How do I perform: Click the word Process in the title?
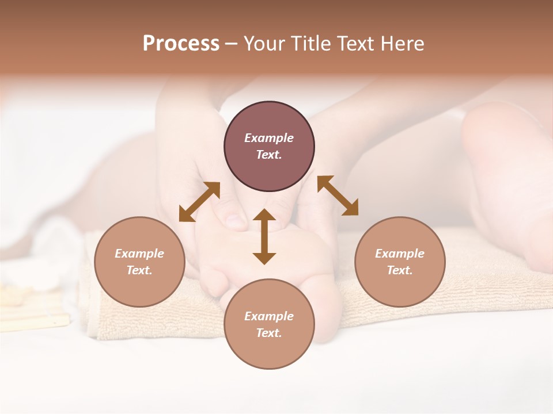[x=181, y=44]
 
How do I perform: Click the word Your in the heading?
[x=265, y=44]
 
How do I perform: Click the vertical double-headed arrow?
[x=264, y=237]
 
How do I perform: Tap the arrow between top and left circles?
[x=199, y=202]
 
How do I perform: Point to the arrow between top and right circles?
[x=338, y=195]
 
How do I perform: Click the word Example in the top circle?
[x=269, y=138]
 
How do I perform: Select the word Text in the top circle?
[x=269, y=155]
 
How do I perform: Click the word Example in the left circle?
[x=139, y=254]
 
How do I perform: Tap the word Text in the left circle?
[x=139, y=270]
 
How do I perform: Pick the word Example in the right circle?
[x=400, y=254]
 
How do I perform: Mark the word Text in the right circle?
[x=400, y=270]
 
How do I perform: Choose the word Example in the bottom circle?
[x=269, y=316]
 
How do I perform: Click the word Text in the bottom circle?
[x=269, y=333]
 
